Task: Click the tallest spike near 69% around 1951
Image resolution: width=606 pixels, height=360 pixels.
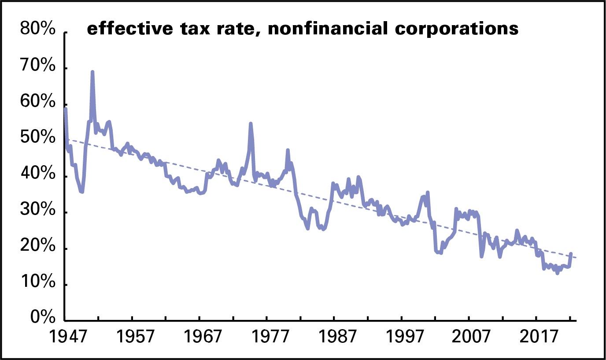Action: [x=92, y=72]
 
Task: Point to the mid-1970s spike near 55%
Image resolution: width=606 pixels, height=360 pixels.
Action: [x=251, y=124]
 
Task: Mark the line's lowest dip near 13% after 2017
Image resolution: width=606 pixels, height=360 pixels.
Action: [x=558, y=273]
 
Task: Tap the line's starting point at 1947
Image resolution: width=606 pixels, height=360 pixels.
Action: [x=65, y=108]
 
